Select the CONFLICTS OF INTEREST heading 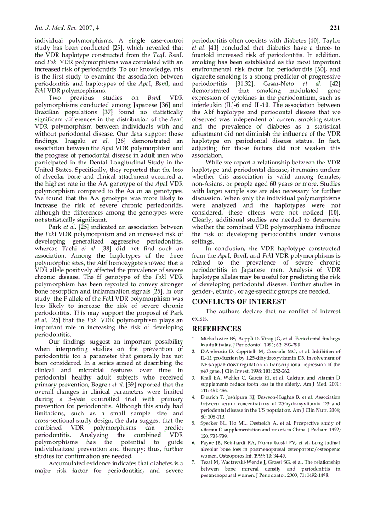[x=239, y=302]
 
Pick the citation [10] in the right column [x=334, y=213]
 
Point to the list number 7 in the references [x=193, y=462]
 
